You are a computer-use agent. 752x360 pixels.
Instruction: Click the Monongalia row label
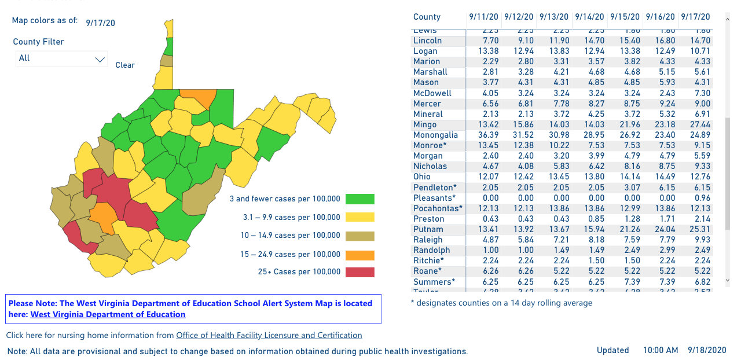click(435, 135)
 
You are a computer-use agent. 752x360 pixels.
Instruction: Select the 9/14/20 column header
click(589, 17)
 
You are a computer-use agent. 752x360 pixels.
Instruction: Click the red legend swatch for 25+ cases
click(360, 272)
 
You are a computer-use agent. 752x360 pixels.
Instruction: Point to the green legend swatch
click(360, 199)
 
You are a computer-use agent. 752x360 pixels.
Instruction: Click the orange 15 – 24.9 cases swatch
click(360, 255)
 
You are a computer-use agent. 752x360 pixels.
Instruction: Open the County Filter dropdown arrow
click(100, 58)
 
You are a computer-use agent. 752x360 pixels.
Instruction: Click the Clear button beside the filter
click(125, 65)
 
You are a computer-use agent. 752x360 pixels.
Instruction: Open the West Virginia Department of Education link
click(108, 314)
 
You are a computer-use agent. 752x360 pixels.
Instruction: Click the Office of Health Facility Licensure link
click(269, 335)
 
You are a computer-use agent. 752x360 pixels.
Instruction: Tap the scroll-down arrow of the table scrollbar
click(728, 281)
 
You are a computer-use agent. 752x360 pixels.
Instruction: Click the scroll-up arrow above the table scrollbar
click(728, 19)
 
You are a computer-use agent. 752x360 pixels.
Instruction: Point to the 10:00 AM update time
click(661, 350)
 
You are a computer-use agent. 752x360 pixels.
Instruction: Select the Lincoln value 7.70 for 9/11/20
click(483, 41)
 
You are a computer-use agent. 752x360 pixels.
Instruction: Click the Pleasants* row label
click(435, 198)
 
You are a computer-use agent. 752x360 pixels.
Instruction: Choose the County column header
click(427, 17)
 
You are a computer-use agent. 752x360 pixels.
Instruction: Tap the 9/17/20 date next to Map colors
click(100, 23)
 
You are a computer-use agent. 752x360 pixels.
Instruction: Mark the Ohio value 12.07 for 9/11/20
click(483, 177)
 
